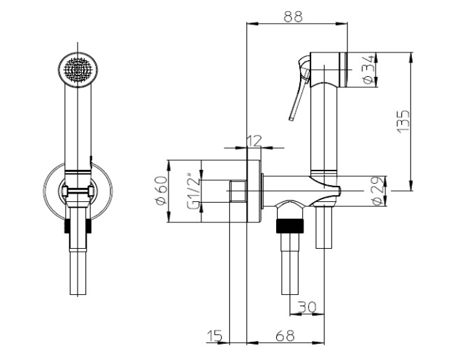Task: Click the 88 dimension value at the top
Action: click(292, 16)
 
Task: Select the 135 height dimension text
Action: click(403, 121)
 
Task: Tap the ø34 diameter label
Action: click(369, 69)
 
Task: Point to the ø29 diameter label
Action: click(378, 191)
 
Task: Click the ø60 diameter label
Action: click(162, 190)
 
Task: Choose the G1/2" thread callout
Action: click(193, 191)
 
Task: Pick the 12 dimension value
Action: click(254, 141)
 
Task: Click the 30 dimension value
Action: click(307, 307)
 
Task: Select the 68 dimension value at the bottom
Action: click(285, 336)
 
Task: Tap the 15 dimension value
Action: click(215, 336)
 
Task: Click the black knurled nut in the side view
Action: click(289, 226)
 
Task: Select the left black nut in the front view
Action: click(68, 226)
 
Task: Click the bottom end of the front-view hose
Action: click(78, 294)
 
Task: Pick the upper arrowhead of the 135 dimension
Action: click(411, 58)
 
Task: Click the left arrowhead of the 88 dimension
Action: click(252, 23)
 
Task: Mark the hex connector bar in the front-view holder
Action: click(78, 191)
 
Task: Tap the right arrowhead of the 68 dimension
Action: click(319, 343)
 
